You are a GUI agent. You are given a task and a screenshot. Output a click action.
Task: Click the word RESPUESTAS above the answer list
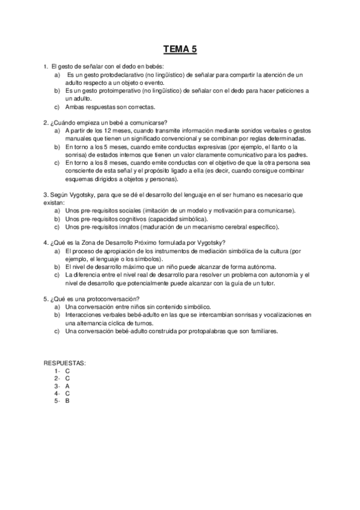point(64,364)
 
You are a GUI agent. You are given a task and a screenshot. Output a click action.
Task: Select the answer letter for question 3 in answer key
point(67,386)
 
